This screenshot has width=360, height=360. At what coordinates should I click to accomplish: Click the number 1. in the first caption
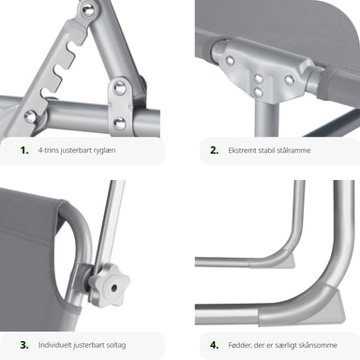24,150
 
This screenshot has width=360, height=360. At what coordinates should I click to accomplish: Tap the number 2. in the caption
215,150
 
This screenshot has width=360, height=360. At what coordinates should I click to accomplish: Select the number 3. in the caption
24,345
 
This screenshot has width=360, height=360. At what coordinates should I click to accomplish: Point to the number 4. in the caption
215,345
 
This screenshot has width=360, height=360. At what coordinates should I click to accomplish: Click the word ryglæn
105,151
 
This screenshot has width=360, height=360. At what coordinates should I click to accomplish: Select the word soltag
116,345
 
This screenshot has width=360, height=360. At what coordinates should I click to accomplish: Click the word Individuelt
54,345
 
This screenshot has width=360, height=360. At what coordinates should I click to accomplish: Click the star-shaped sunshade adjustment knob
110,283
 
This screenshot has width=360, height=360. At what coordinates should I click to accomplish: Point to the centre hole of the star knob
113,288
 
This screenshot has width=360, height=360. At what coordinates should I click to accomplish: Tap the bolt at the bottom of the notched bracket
31,116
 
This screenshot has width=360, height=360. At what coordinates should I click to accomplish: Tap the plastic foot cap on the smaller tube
287,261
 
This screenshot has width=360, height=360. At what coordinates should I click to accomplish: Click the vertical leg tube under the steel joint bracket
266,119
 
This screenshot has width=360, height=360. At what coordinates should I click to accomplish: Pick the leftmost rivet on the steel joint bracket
231,61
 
